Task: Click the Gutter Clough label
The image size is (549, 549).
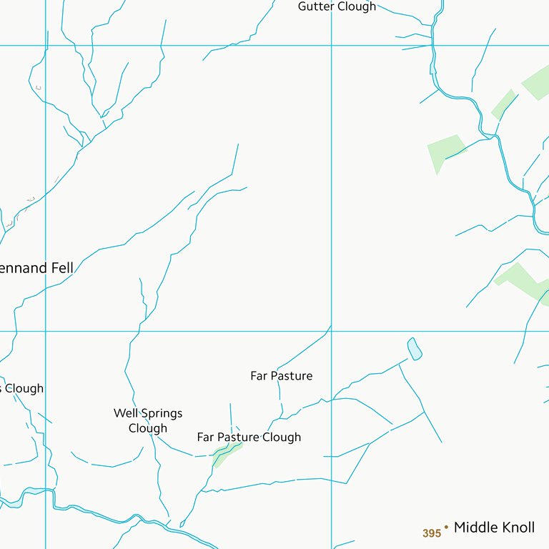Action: tap(337, 6)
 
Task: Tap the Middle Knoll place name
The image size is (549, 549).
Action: tap(494, 528)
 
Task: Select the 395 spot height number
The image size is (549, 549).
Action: tap(432, 533)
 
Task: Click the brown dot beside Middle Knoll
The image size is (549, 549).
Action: tap(446, 528)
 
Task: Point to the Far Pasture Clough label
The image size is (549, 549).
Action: tap(249, 437)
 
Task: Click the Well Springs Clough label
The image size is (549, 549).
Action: tap(148, 420)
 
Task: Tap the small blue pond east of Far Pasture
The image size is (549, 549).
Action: tap(414, 348)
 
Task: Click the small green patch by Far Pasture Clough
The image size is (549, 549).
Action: tap(226, 452)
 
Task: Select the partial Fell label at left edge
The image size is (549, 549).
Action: tap(36, 268)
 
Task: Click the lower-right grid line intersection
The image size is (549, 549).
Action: tap(332, 331)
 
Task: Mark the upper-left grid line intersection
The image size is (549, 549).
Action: tap(46, 46)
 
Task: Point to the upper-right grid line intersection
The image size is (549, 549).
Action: tap(332, 46)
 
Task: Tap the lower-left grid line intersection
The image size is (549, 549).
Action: tap(46, 331)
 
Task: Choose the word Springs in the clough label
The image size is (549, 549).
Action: tap(162, 414)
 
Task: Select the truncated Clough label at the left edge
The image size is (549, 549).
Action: tap(22, 388)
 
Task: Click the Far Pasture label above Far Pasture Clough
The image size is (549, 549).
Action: tap(281, 375)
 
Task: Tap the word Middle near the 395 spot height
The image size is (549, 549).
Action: tap(473, 528)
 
